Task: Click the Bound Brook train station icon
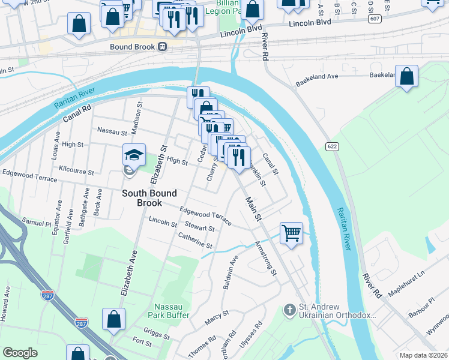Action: pyautogui.click(x=162, y=47)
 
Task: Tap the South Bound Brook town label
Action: pyautogui.click(x=149, y=199)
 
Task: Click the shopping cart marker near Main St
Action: pyautogui.click(x=291, y=232)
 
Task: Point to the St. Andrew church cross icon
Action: pyautogui.click(x=289, y=310)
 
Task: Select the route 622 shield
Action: pyautogui.click(x=331, y=146)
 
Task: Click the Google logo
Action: pyautogui.click(x=20, y=352)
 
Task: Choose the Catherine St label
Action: pyautogui.click(x=195, y=241)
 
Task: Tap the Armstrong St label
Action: pyautogui.click(x=265, y=259)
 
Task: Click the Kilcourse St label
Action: pyautogui.click(x=73, y=172)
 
